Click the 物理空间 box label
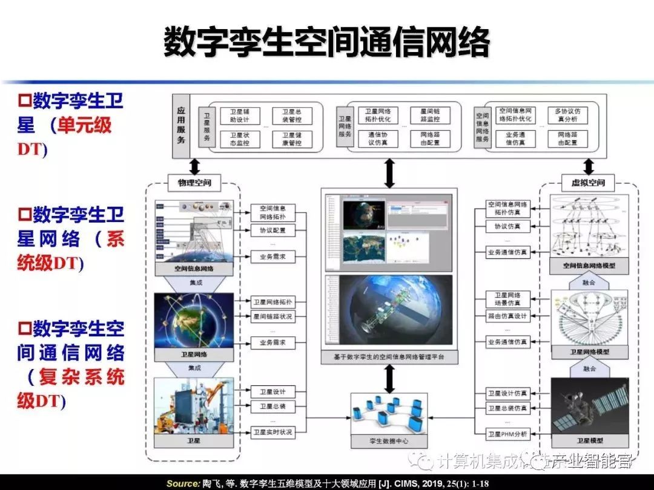[x=194, y=181]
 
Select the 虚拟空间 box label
[x=588, y=181]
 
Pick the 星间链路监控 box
[x=429, y=115]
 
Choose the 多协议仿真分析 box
[x=567, y=115]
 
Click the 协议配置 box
[x=272, y=230]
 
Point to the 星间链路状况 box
[x=272, y=316]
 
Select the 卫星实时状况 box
[x=272, y=432]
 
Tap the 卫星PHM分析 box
[x=507, y=434]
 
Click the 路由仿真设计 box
[x=507, y=316]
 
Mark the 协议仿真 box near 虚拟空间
[x=507, y=226]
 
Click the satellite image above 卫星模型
[x=589, y=405]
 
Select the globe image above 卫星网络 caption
[x=194, y=320]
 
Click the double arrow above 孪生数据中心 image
[x=389, y=379]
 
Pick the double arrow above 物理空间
[x=194, y=166]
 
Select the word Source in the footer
[x=182, y=483]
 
